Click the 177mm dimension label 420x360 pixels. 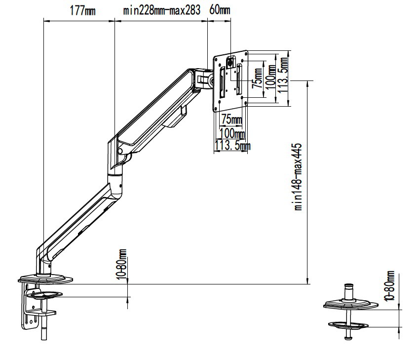click(82, 11)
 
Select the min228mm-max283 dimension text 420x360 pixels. click(161, 10)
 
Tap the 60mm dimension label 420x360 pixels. click(220, 10)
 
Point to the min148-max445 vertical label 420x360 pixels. click(298, 177)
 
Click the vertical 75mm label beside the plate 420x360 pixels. click(258, 78)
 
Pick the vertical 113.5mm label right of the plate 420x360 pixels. click(283, 75)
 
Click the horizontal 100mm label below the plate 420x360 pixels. click(232, 133)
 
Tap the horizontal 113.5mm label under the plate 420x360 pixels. click(232, 146)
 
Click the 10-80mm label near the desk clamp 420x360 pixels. click(122, 264)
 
